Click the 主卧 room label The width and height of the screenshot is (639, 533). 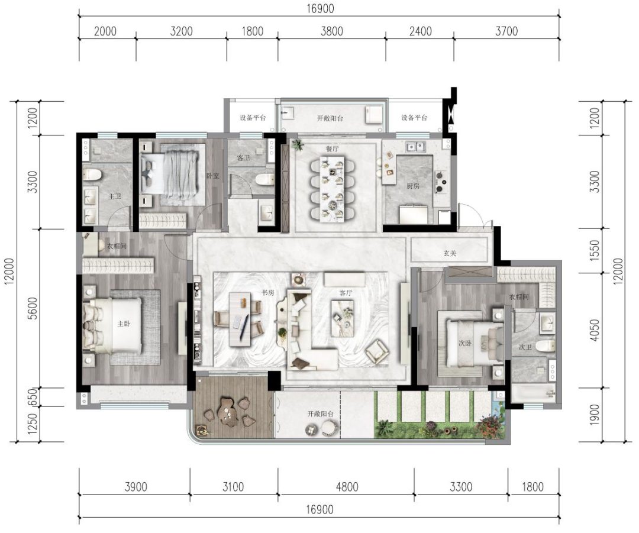tap(124, 324)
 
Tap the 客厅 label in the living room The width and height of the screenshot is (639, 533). tap(346, 293)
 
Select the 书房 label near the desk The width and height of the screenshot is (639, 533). tap(268, 293)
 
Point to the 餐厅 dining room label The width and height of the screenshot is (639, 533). tap(332, 148)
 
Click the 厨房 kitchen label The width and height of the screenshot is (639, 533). tap(413, 186)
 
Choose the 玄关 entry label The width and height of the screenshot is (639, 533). tap(450, 253)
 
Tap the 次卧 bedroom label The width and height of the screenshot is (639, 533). tap(464, 343)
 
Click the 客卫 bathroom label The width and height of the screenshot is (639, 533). tap(244, 158)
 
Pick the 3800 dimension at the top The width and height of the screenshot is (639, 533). tap(332, 31)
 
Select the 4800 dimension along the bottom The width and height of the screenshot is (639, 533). tap(347, 486)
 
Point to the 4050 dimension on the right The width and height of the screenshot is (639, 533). tap(595, 330)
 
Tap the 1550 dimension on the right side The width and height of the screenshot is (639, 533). tap(595, 251)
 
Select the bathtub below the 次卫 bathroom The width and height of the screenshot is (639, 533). tap(533, 393)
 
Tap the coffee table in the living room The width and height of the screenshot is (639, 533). tap(343, 319)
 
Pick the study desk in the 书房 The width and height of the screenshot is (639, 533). tap(240, 319)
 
